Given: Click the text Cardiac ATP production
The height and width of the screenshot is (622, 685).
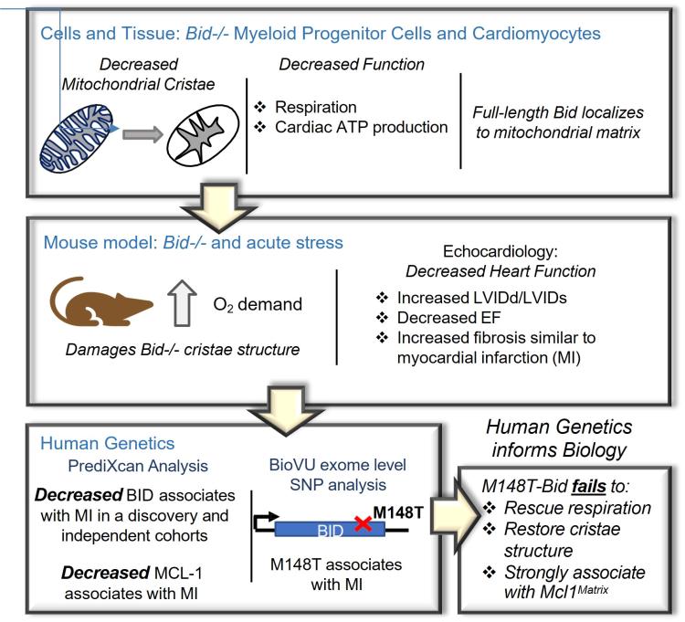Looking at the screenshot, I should tap(361, 127).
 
